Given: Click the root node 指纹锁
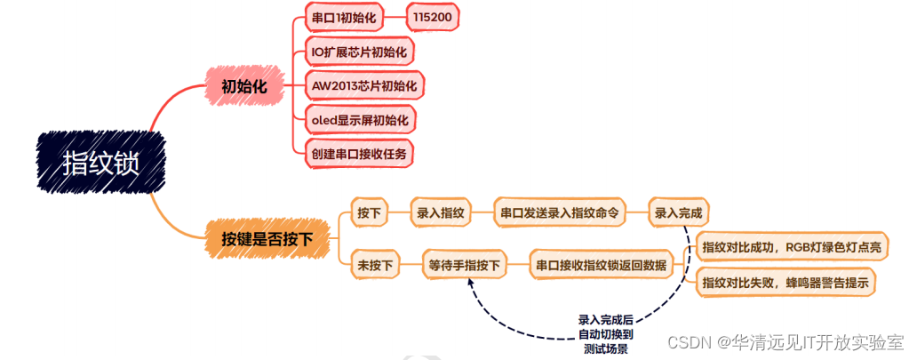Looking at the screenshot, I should (x=101, y=163).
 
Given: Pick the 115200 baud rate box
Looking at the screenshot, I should (x=436, y=18).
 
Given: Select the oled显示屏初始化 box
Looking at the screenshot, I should (x=359, y=119).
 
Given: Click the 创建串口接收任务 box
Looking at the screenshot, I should (x=359, y=153).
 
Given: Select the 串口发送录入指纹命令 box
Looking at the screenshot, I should (x=559, y=213).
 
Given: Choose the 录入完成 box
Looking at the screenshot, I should (x=678, y=213).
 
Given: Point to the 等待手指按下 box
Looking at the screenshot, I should (x=465, y=264).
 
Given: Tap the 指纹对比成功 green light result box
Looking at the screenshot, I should (x=791, y=247).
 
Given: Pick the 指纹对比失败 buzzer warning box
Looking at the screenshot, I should (x=785, y=283).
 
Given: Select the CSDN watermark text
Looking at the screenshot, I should (x=785, y=343).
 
